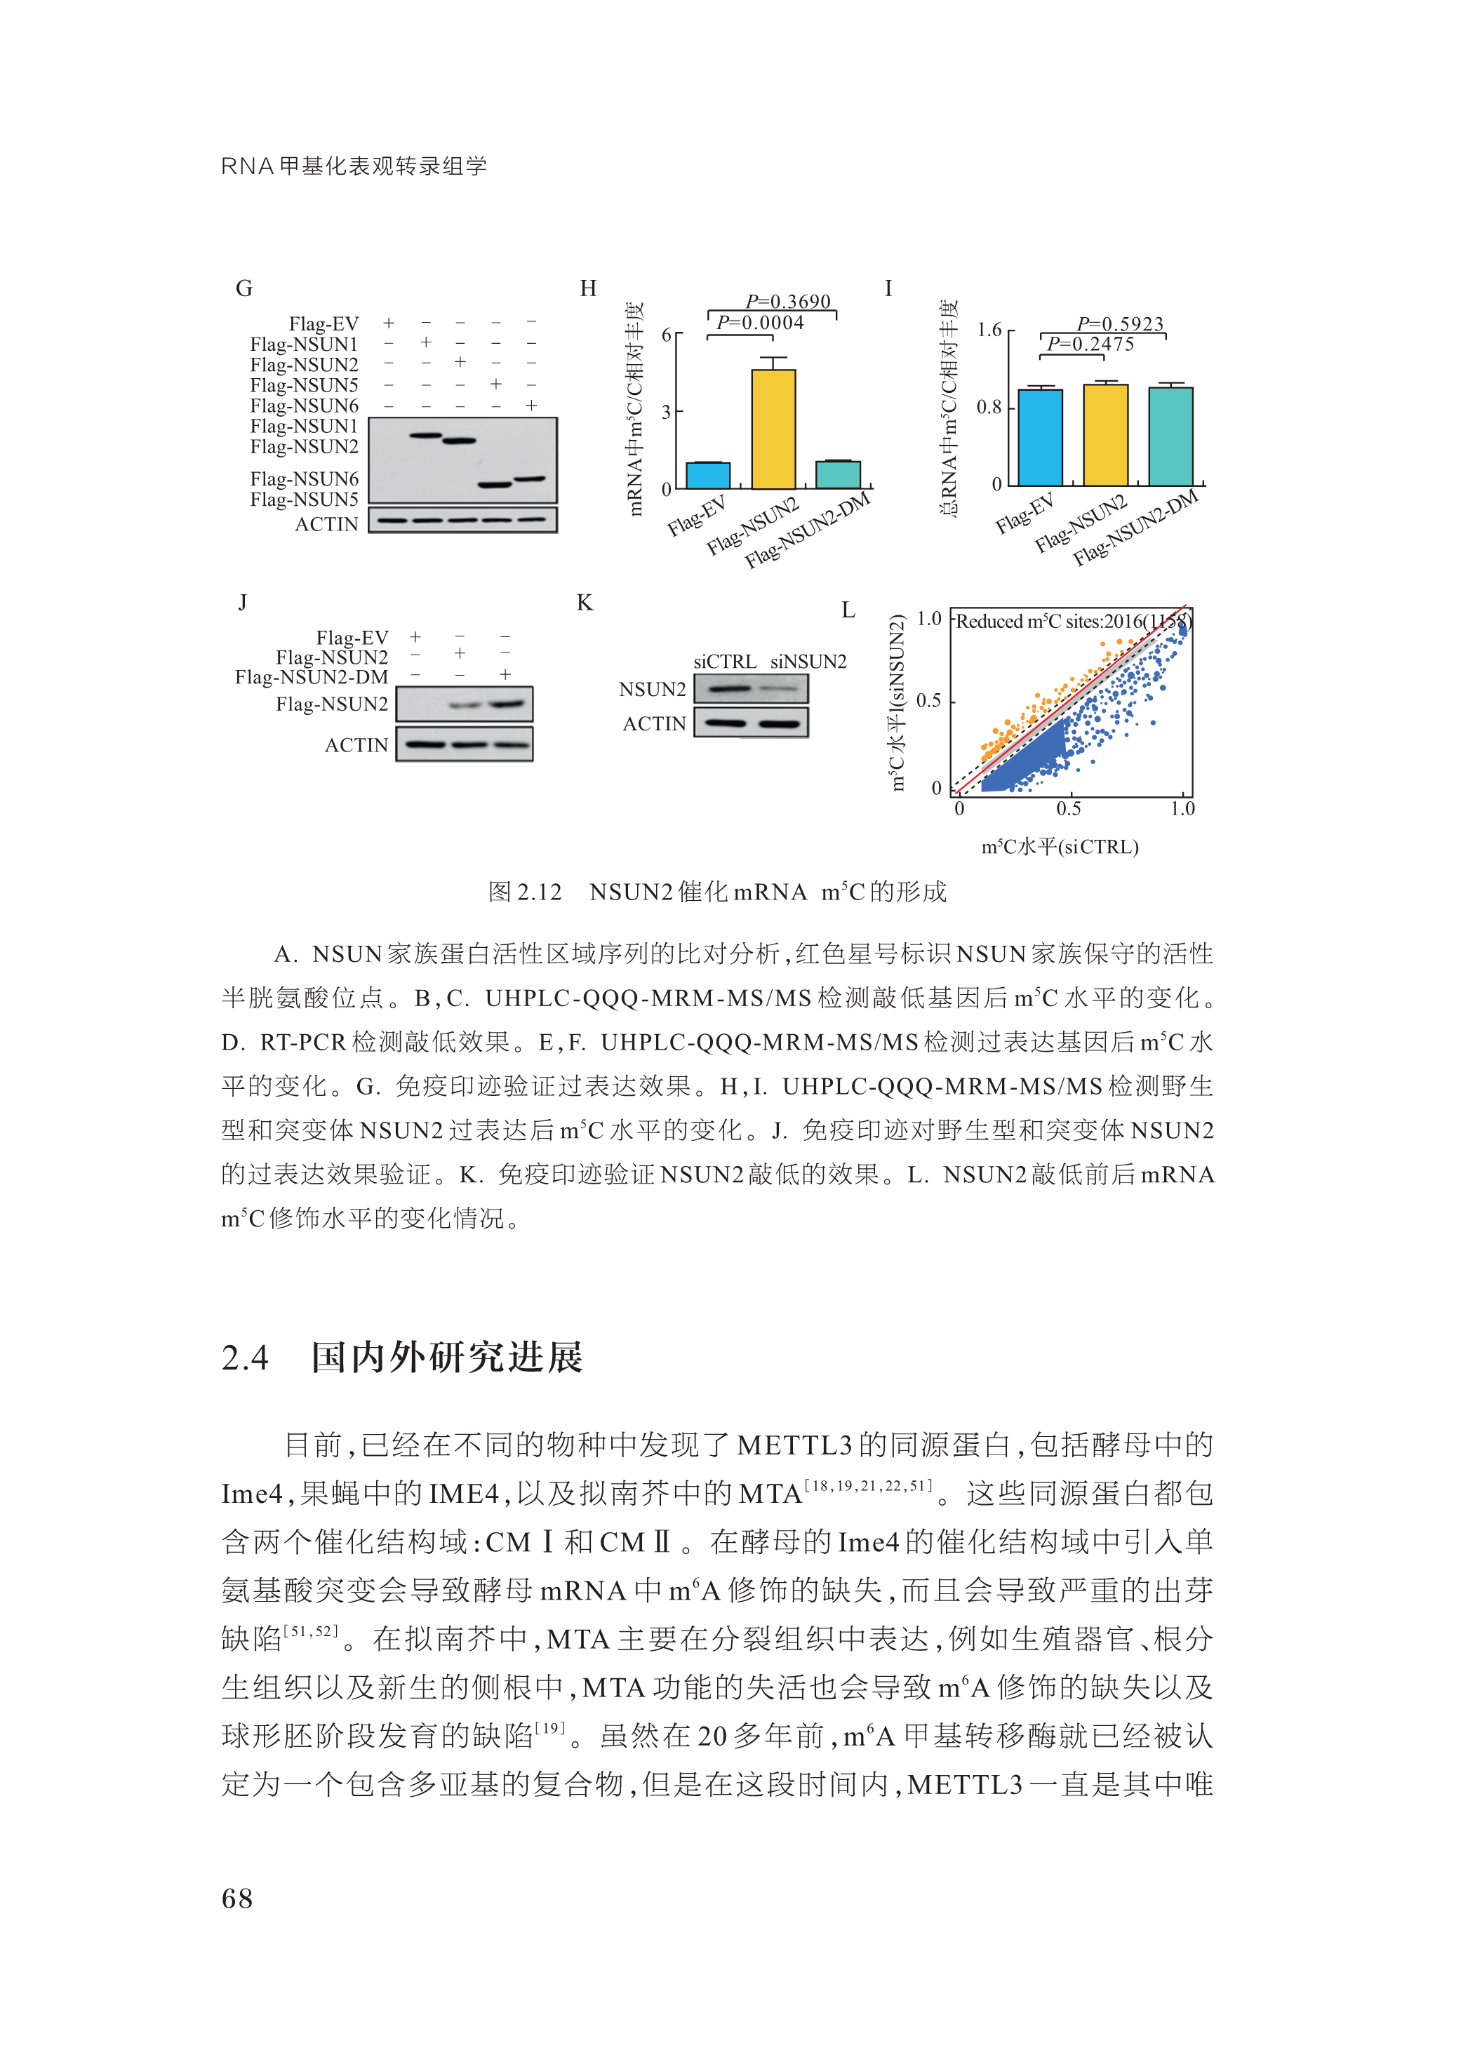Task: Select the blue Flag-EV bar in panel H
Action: point(707,475)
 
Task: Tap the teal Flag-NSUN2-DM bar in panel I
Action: point(1170,436)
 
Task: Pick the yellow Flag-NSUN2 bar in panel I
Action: point(1105,434)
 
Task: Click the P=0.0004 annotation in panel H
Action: point(760,323)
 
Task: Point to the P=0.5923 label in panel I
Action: point(1120,323)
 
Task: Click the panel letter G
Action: point(243,288)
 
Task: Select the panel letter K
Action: point(585,603)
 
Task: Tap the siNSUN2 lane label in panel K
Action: point(808,662)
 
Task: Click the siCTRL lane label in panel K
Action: point(725,662)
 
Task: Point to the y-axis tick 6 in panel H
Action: point(667,335)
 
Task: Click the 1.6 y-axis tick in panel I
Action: point(989,330)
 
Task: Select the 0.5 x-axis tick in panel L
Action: point(1068,808)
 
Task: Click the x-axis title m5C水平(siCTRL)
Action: point(1059,846)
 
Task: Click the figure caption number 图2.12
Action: point(525,892)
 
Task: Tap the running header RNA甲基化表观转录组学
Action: point(354,166)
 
